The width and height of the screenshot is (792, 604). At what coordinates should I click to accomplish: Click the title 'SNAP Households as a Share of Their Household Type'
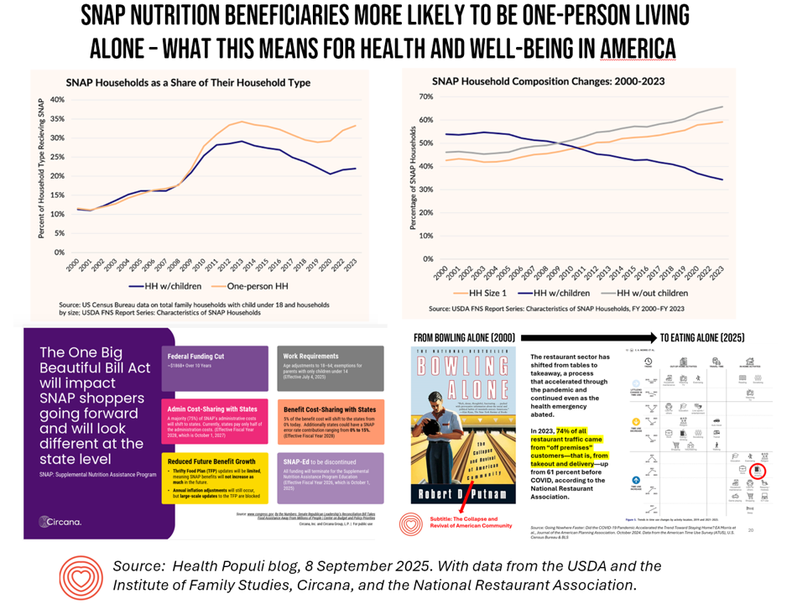pyautogui.click(x=188, y=82)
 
